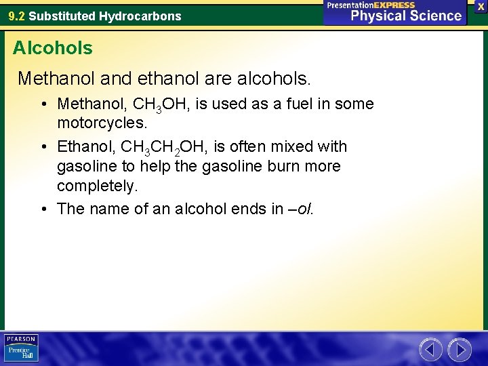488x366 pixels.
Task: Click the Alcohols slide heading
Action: point(53,48)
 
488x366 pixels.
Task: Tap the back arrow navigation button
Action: point(430,350)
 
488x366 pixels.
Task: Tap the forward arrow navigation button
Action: point(460,350)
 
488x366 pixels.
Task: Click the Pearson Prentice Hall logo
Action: point(21,348)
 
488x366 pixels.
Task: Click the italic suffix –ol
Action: point(302,208)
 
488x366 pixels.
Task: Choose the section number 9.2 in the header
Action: point(16,16)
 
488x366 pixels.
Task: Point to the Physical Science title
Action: point(406,16)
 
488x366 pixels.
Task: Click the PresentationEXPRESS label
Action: point(371,5)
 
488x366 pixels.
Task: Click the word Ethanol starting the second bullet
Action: point(84,146)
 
